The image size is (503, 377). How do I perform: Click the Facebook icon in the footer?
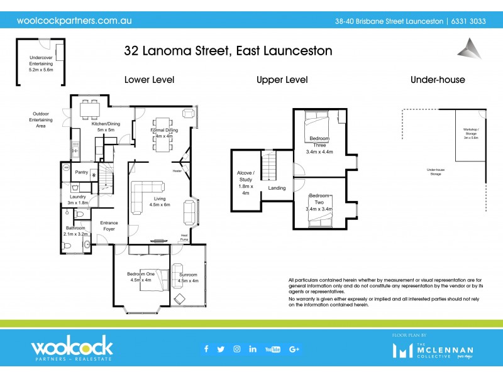[206, 349]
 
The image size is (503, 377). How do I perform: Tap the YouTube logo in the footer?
[272, 349]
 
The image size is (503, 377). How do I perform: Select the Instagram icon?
[237, 349]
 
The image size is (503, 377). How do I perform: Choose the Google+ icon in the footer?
[294, 349]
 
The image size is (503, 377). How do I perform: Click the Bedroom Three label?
[320, 144]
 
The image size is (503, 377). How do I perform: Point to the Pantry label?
[81, 172]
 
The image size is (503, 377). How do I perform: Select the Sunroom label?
[188, 278]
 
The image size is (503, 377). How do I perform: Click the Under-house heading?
[438, 80]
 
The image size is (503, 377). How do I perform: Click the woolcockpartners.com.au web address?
[74, 20]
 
